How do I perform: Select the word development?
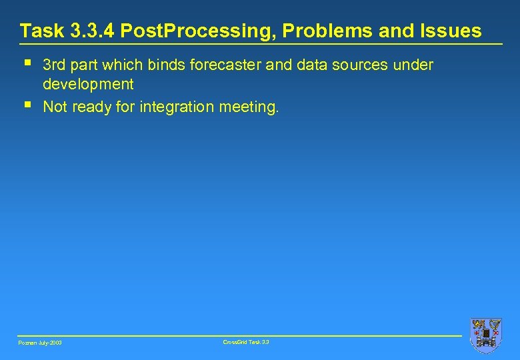pos(88,85)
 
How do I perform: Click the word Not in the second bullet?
pos(55,107)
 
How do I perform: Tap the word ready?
pos(91,107)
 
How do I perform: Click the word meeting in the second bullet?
pos(248,107)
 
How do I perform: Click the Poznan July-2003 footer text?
pos(40,343)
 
